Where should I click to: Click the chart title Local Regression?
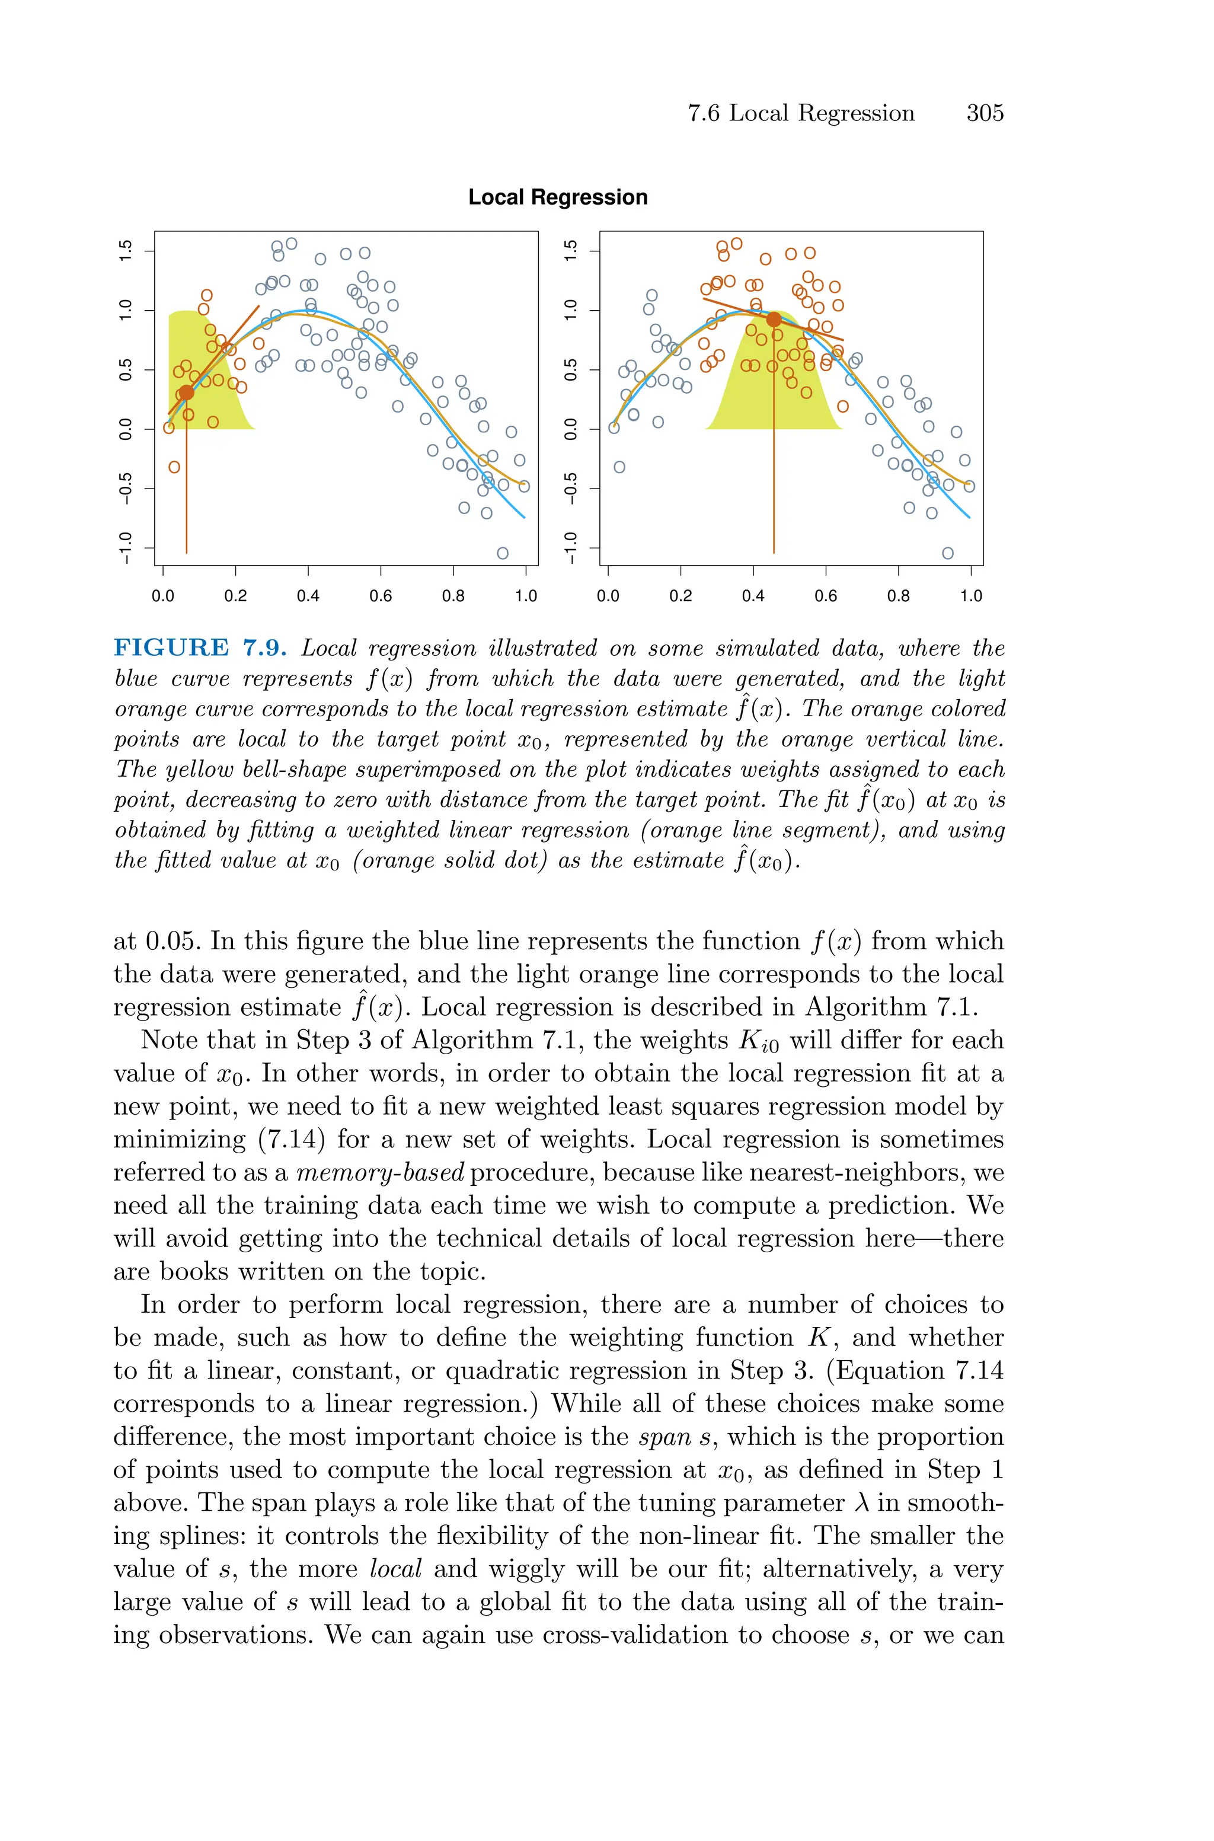click(557, 197)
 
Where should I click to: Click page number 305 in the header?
click(984, 113)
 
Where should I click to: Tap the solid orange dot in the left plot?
click(187, 393)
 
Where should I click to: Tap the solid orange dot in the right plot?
click(774, 319)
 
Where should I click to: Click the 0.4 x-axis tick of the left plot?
click(308, 596)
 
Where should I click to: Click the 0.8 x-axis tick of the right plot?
click(898, 596)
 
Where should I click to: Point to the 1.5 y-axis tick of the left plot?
click(126, 251)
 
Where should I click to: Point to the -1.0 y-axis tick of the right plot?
click(571, 547)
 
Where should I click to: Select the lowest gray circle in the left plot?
click(503, 553)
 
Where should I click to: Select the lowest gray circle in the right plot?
click(948, 553)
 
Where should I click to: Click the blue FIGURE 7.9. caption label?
click(200, 648)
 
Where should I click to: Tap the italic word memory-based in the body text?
click(380, 1173)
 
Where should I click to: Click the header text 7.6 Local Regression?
click(801, 113)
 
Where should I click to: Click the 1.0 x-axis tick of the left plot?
click(526, 596)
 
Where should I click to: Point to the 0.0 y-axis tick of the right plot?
click(571, 429)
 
